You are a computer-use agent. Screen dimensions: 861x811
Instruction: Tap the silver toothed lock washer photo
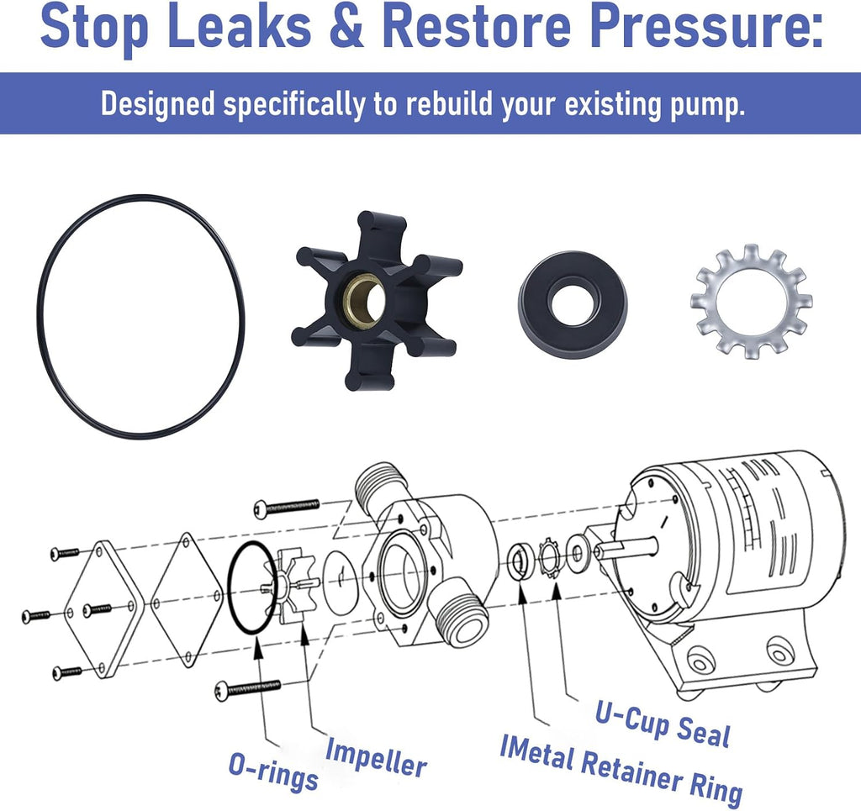(751, 301)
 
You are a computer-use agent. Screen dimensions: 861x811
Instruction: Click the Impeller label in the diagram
(376, 757)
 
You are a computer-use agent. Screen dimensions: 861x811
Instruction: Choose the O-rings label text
(273, 771)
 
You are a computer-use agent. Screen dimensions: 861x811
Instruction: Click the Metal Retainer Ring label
(621, 768)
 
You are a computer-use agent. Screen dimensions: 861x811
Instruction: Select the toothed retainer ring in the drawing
(549, 559)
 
